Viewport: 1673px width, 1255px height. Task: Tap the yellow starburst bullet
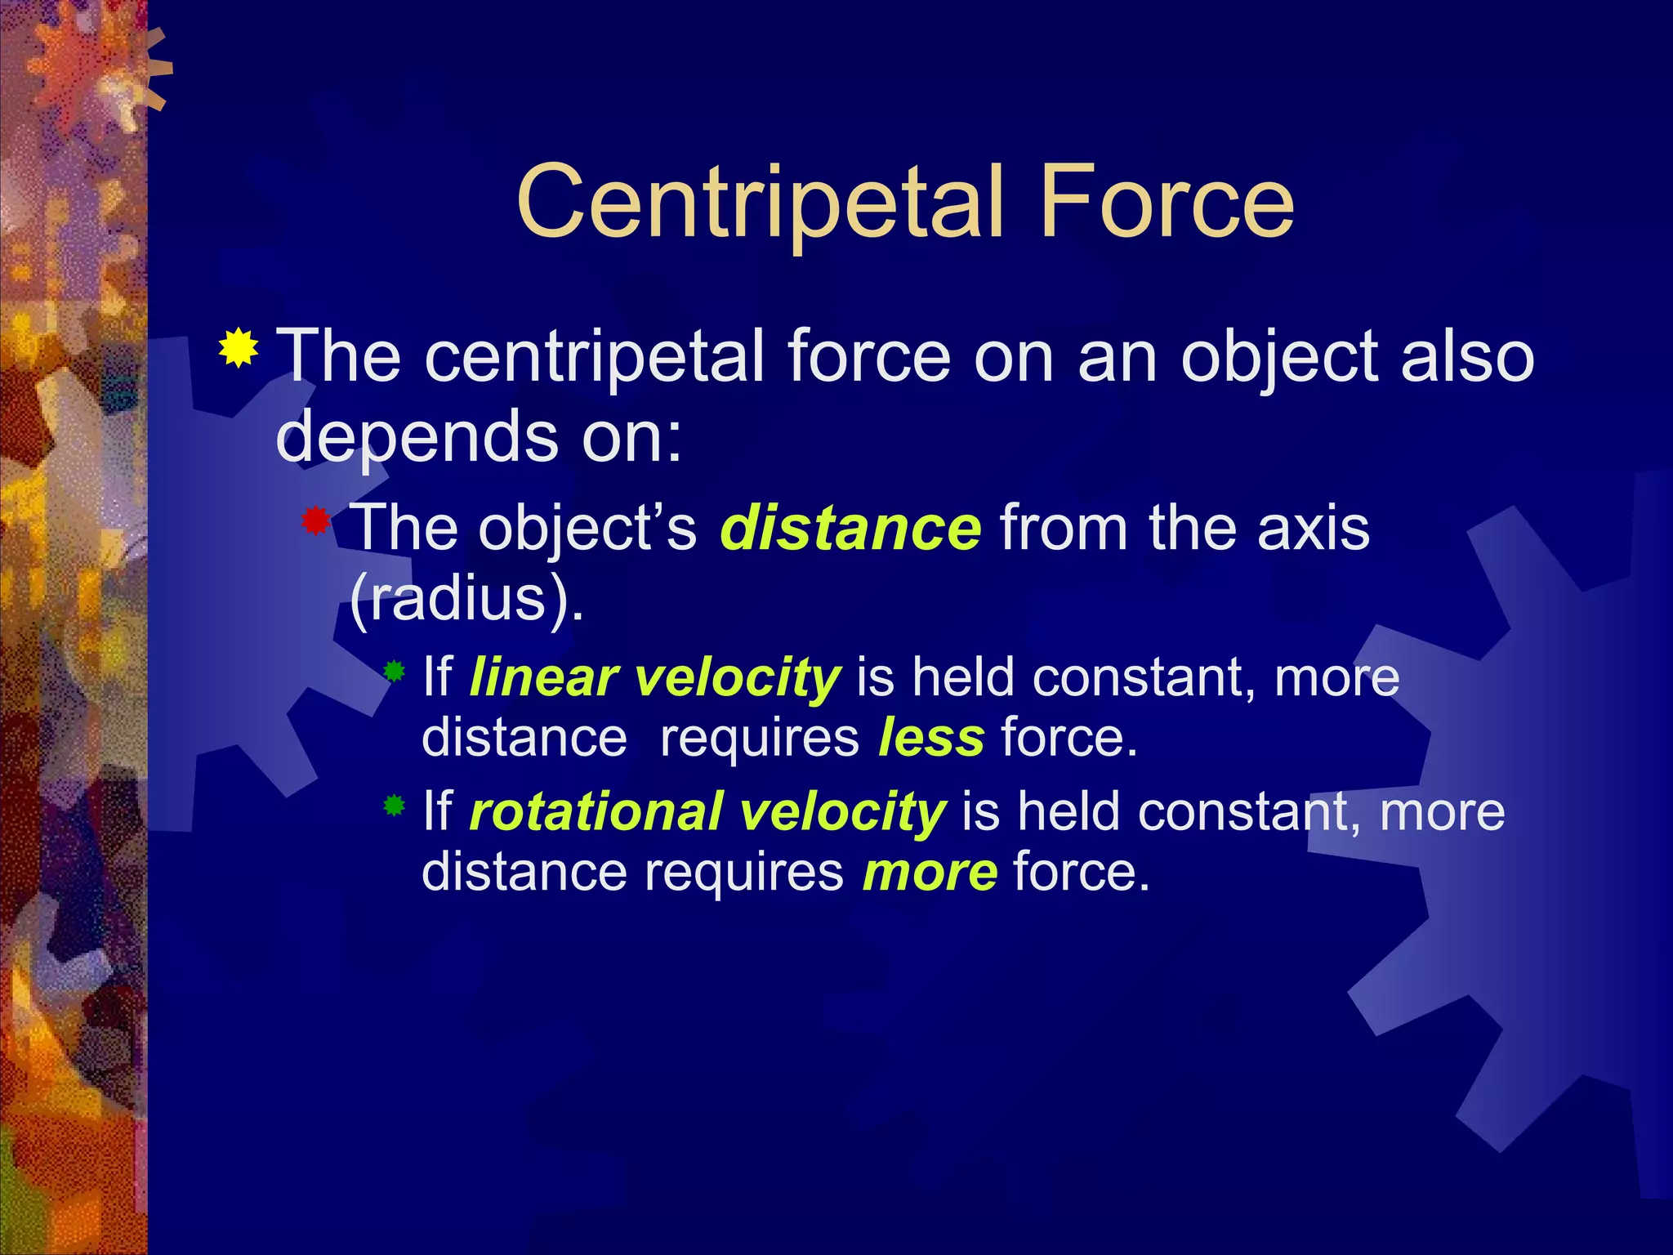(239, 350)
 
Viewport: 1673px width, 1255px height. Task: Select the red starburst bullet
(315, 520)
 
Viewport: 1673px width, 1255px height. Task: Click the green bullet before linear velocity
(395, 672)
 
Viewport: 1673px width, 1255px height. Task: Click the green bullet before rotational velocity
(395, 806)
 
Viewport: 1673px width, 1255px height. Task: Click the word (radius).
(466, 600)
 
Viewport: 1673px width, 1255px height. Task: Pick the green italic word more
(930, 872)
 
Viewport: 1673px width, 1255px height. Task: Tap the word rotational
(596, 811)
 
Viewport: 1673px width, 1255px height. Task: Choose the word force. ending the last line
(1081, 872)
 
